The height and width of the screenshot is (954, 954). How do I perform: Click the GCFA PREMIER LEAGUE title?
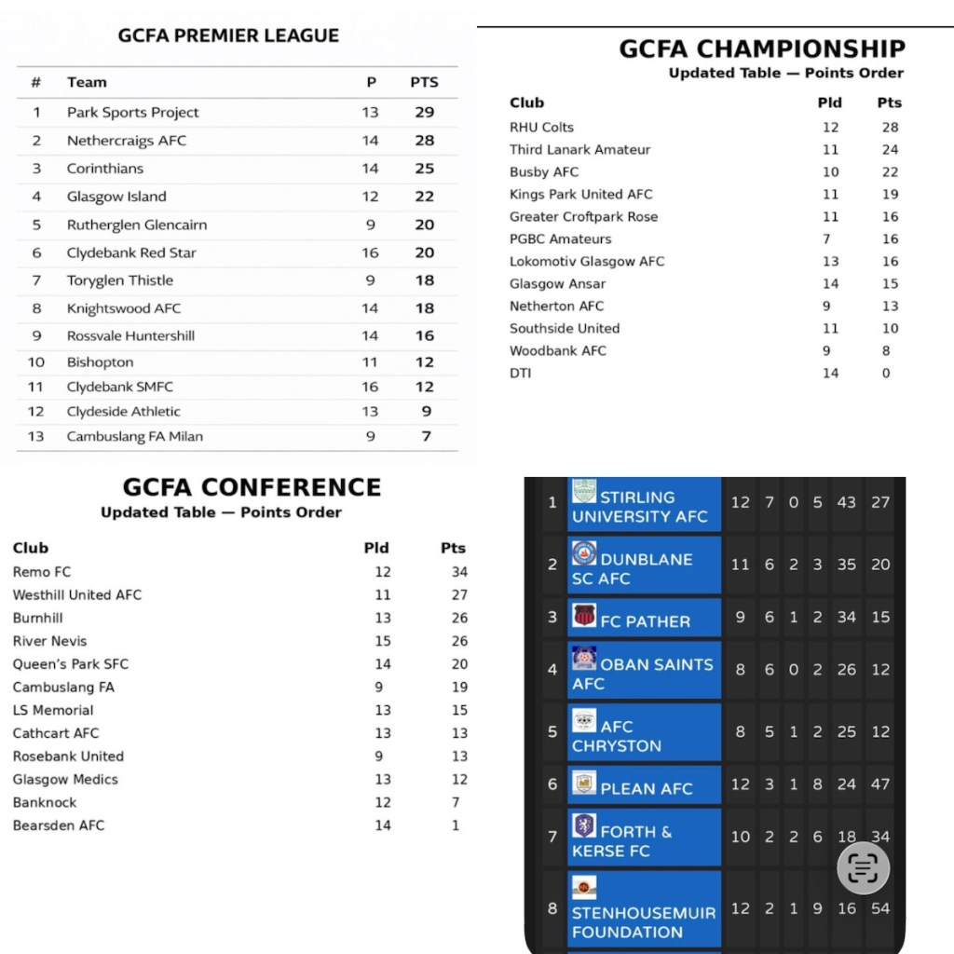point(228,36)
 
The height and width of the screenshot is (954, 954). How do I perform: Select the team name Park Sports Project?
point(132,113)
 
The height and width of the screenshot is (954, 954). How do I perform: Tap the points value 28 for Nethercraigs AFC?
point(425,141)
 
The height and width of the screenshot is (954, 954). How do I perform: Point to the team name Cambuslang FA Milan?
point(134,436)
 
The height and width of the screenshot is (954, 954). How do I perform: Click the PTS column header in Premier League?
point(424,82)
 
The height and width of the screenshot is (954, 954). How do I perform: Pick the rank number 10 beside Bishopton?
point(36,362)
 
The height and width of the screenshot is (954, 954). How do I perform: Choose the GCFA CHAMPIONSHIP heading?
point(761,48)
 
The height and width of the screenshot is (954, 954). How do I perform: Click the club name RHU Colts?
point(541,128)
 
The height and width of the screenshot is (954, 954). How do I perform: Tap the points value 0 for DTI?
point(886,374)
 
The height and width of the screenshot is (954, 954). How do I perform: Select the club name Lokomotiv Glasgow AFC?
point(587,262)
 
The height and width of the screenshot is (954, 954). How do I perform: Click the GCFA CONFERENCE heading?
point(252,487)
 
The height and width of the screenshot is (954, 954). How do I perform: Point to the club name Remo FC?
point(42,572)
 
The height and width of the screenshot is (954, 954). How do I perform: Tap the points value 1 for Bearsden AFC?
point(457,825)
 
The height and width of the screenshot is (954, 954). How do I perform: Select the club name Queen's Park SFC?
point(71,664)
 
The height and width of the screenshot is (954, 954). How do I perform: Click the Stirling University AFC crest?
point(584,491)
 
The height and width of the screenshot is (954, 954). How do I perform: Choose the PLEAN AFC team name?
point(646,788)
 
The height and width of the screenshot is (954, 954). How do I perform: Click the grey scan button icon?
point(863,868)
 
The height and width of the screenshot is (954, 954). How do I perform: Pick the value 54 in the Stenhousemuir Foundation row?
point(880,908)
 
